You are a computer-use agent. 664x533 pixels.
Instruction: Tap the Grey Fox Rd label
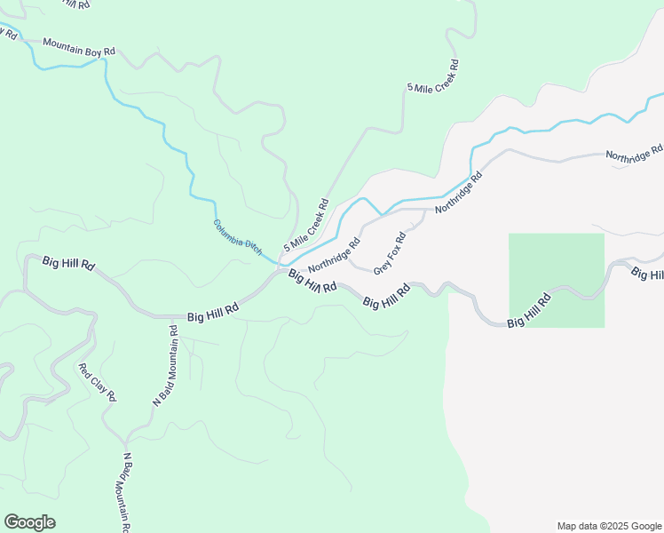390,253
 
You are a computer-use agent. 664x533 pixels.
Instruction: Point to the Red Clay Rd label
97,382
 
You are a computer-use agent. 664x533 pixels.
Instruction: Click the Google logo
29,522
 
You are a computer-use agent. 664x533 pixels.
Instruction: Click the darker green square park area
557,266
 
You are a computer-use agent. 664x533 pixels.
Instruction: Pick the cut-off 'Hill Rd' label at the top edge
71,4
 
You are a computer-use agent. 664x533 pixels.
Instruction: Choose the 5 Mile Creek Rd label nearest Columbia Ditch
306,224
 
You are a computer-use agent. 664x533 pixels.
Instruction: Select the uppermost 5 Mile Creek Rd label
433,76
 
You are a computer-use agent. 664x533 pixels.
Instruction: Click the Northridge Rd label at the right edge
635,153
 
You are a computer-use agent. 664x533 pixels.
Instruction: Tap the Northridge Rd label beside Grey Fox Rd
335,255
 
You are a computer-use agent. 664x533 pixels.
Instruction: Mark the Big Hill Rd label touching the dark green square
529,312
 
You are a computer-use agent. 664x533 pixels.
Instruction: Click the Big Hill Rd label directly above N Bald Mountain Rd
213,313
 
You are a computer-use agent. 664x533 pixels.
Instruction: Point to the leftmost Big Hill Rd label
68,264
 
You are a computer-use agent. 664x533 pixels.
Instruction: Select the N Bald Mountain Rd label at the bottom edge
126,493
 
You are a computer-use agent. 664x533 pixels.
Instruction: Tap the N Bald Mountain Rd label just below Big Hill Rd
166,367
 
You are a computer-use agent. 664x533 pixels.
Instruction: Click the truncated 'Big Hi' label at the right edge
647,274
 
